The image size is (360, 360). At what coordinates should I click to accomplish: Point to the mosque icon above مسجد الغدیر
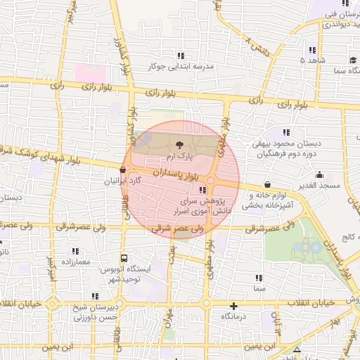tap(319, 175)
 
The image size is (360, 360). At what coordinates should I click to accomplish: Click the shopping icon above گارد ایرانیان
tap(124, 169)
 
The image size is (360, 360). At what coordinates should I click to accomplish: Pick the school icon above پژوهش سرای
tap(203, 190)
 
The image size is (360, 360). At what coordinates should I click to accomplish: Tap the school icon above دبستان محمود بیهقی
tap(285, 132)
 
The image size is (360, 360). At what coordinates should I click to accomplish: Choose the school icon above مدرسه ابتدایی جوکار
tap(181, 55)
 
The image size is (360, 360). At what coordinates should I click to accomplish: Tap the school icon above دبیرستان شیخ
tap(96, 297)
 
